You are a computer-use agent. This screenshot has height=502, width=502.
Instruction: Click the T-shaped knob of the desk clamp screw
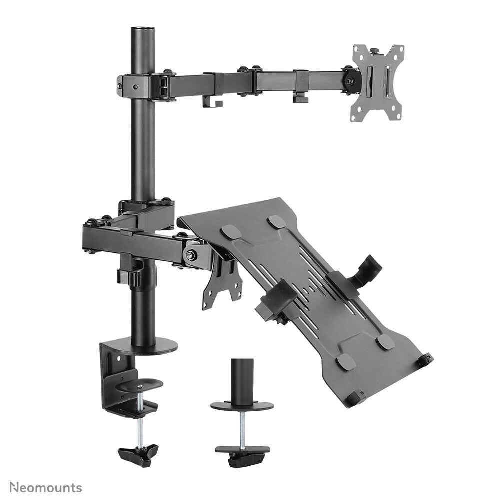point(138,454)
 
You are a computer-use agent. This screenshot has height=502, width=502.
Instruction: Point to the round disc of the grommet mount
point(241,405)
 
